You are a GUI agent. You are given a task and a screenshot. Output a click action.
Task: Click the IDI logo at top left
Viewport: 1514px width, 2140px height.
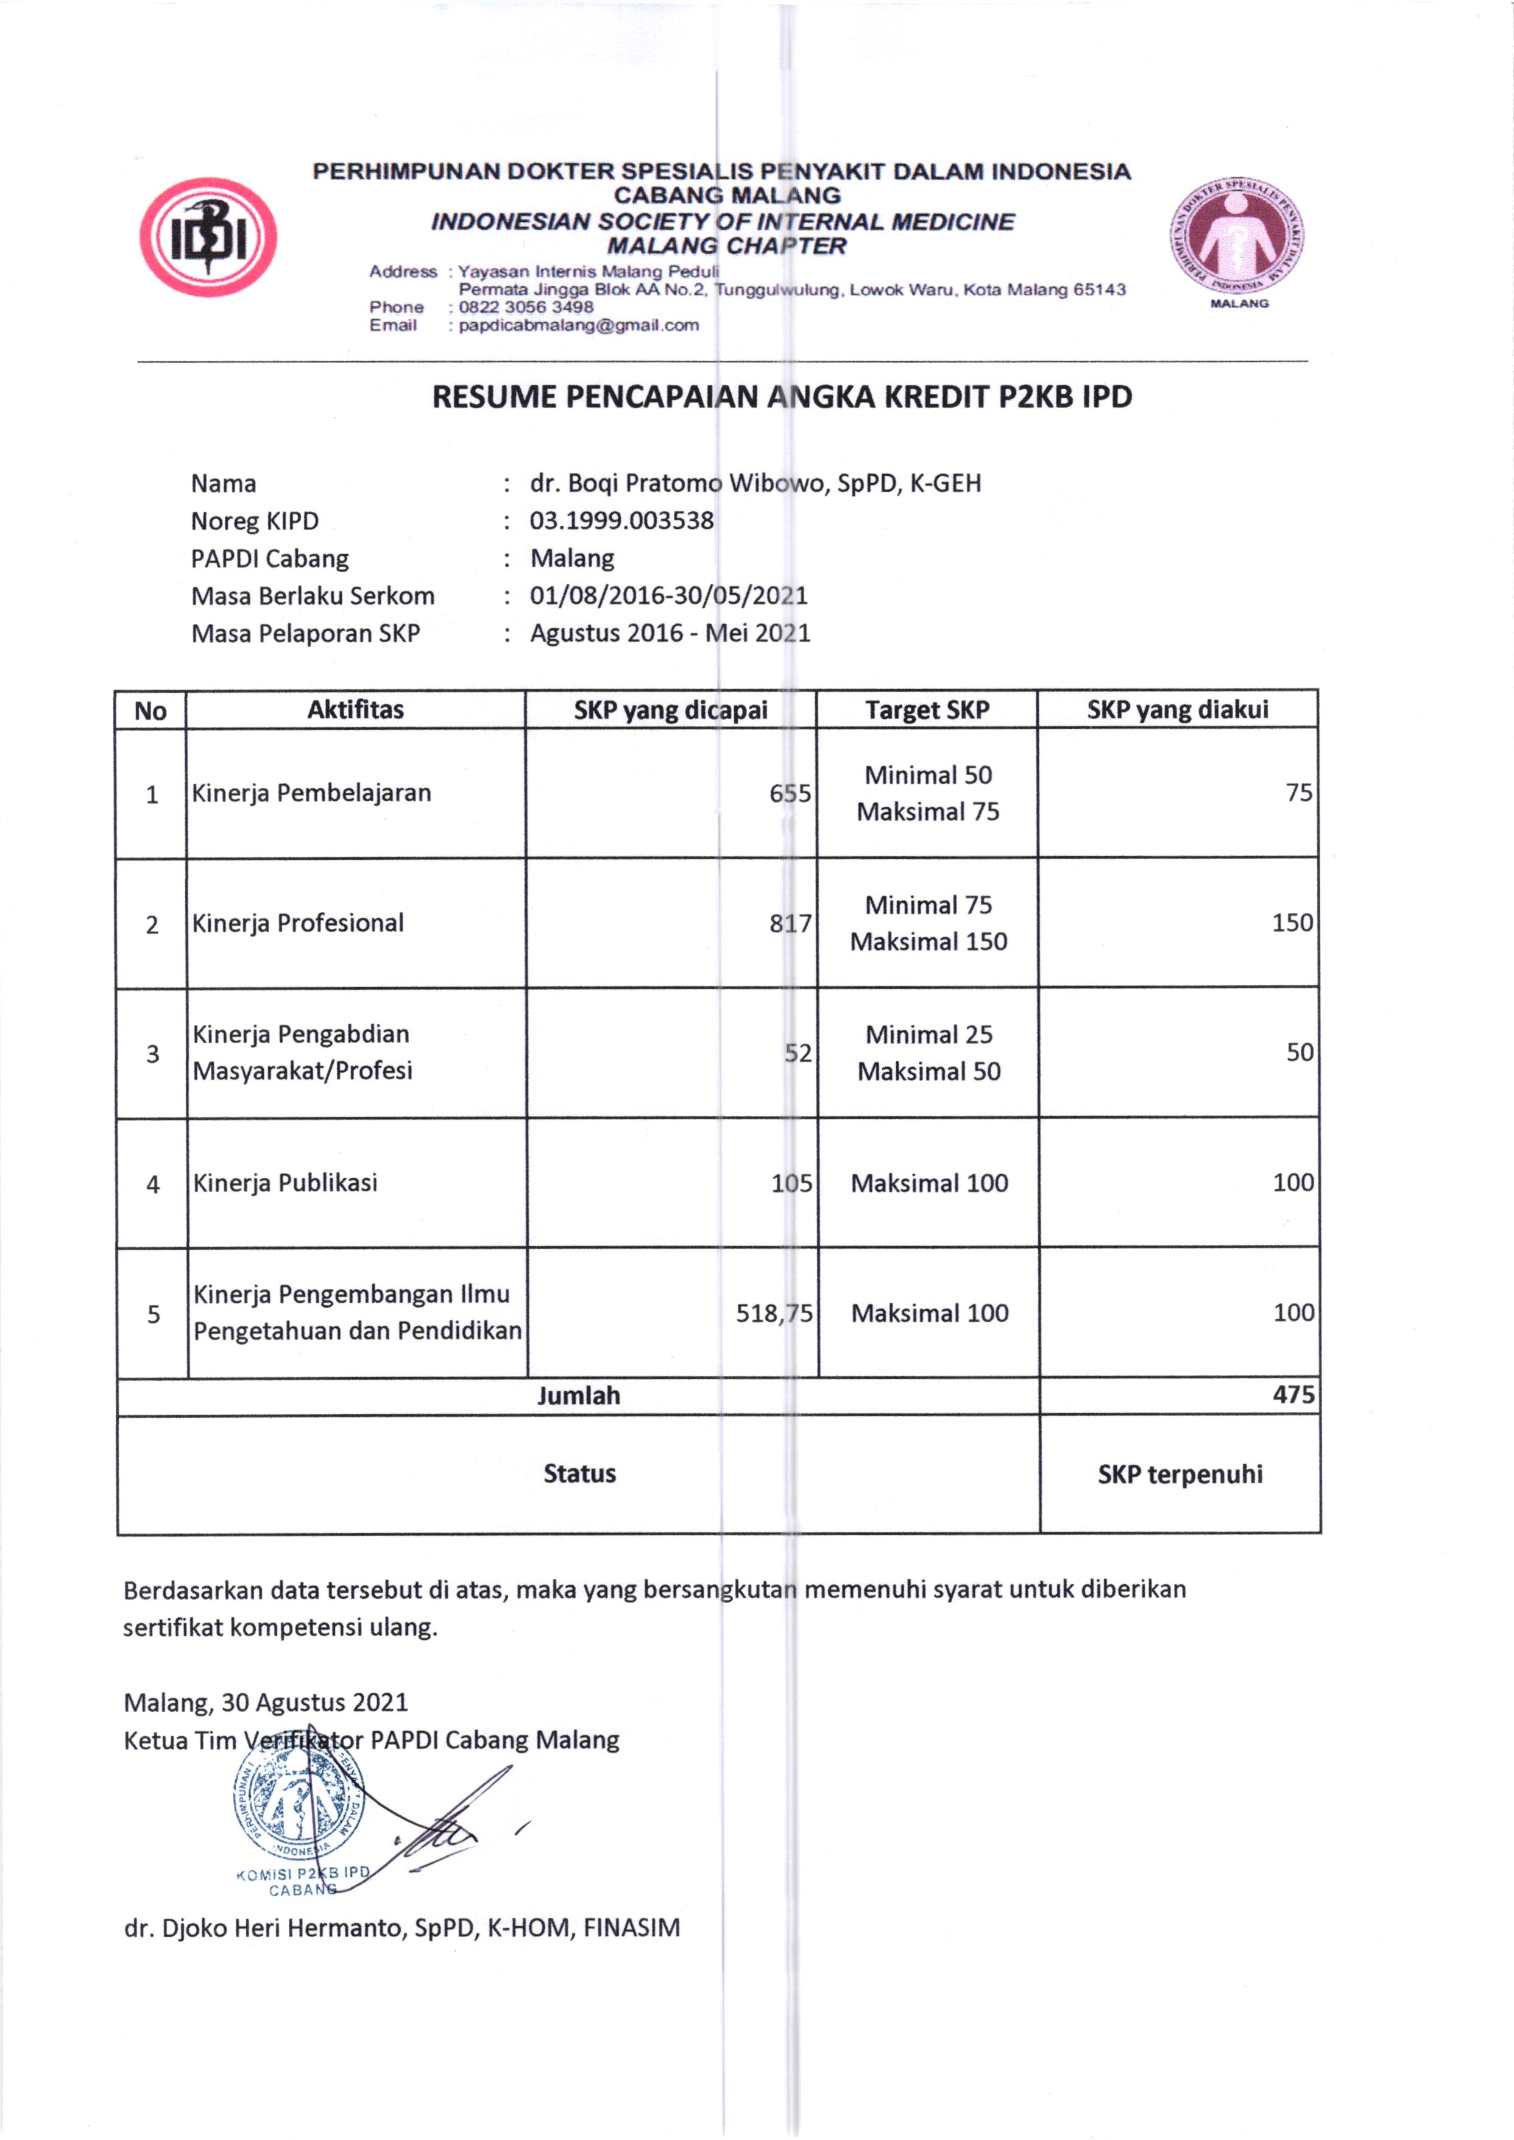point(208,237)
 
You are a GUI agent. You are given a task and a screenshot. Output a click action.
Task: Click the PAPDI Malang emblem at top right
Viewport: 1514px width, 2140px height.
point(1237,238)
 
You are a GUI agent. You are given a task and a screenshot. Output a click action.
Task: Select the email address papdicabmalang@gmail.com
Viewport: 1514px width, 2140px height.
point(578,325)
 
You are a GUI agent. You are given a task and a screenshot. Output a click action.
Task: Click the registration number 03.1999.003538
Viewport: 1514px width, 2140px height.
point(622,520)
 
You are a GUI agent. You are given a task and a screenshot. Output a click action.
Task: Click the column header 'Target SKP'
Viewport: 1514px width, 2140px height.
point(927,710)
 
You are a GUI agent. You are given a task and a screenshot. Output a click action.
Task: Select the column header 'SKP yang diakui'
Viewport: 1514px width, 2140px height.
point(1178,710)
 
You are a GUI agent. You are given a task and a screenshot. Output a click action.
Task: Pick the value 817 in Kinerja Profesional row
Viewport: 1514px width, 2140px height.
point(791,923)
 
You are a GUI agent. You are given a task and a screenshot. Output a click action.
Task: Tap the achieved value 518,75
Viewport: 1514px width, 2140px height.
point(774,1313)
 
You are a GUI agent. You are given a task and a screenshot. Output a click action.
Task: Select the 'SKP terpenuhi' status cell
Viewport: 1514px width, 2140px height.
point(1180,1474)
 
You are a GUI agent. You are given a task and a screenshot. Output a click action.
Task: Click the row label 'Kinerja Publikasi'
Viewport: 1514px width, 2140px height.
point(285,1183)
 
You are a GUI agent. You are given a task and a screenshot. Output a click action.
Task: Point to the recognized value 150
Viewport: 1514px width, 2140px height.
point(1292,923)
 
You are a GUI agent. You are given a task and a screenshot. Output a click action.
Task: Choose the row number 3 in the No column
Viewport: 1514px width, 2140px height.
point(153,1054)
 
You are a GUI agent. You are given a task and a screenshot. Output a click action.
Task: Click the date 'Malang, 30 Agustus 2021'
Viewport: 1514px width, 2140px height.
point(266,1702)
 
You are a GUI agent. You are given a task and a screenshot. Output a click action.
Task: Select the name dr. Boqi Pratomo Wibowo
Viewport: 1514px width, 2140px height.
point(755,483)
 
